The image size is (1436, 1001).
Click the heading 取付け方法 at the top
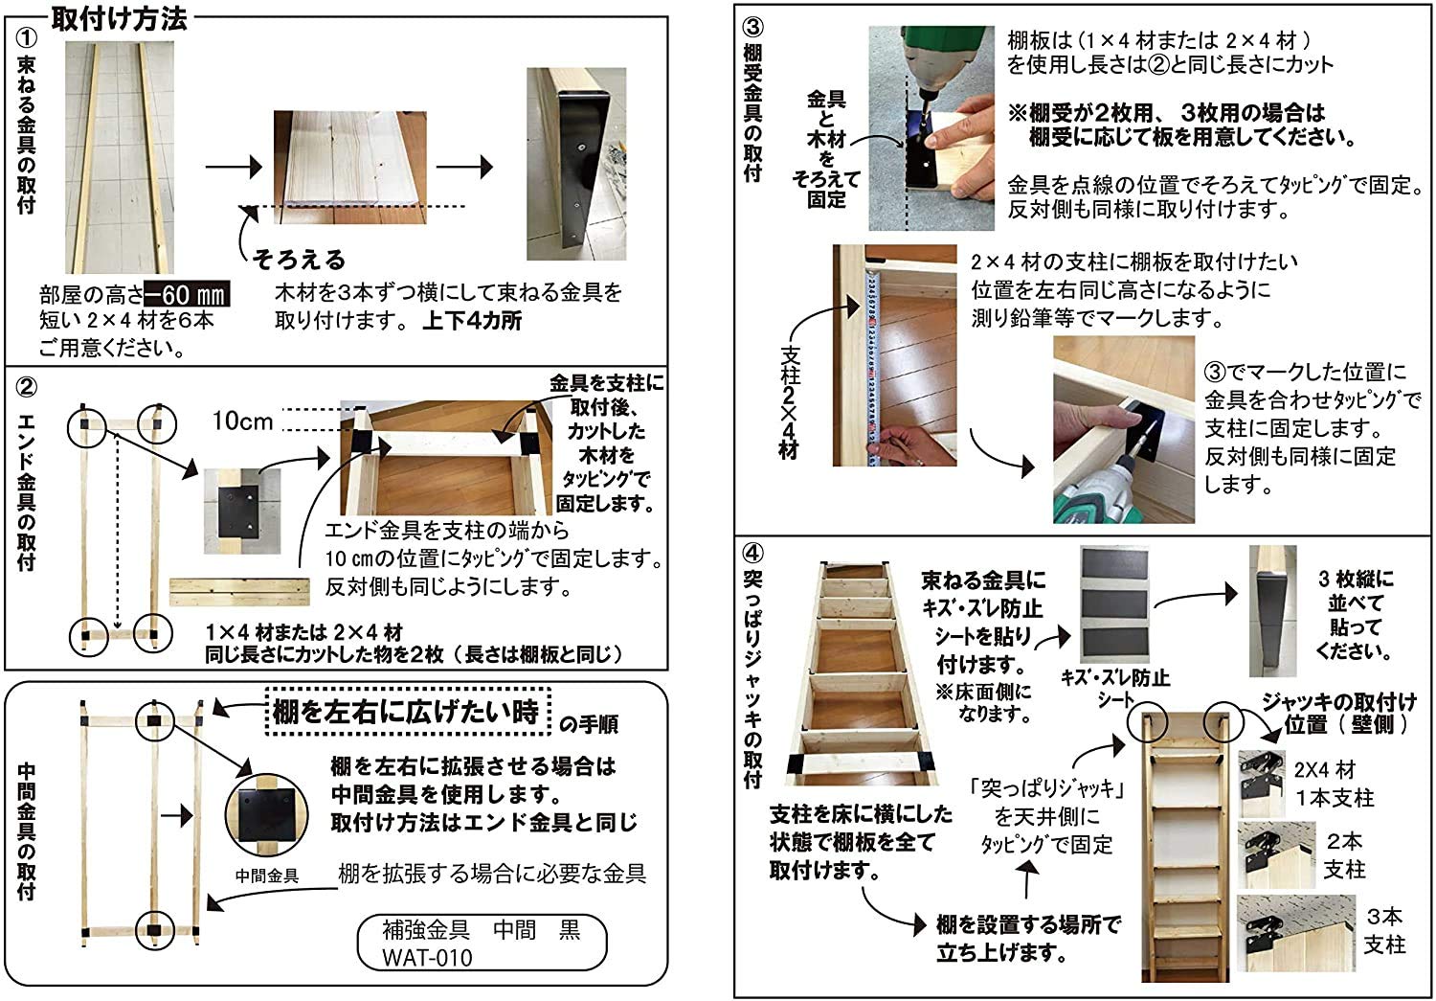(x=120, y=18)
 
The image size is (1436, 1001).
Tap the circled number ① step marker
(x=26, y=39)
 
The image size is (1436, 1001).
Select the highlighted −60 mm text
(x=187, y=294)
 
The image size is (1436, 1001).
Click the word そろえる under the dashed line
(x=299, y=259)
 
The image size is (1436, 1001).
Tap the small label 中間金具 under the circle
(x=267, y=875)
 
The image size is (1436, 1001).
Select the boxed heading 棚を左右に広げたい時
(x=406, y=712)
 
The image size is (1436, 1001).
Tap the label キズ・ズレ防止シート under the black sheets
(x=1115, y=688)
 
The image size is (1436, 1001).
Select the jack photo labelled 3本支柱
(x=1296, y=933)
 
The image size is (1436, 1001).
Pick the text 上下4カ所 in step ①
(x=472, y=321)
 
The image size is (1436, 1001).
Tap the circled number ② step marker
(x=26, y=387)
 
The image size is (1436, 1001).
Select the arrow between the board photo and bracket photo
(x=464, y=167)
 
